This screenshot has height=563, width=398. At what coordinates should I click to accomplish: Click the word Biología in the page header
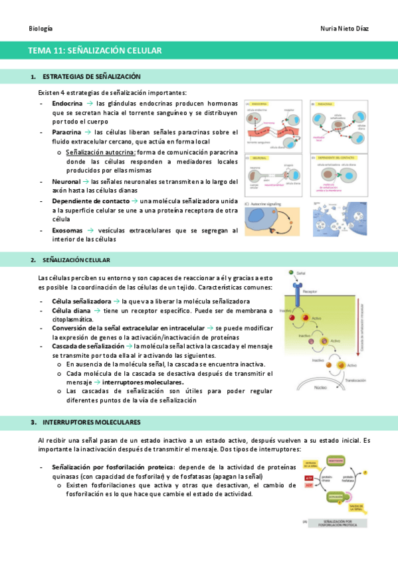(41, 29)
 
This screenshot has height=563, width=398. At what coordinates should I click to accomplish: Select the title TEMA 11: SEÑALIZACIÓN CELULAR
(95, 50)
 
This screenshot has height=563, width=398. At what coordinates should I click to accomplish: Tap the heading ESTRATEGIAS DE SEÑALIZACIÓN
(91, 77)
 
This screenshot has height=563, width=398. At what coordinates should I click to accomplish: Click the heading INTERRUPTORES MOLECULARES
(91, 422)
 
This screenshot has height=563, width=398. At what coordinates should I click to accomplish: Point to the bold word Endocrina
(67, 104)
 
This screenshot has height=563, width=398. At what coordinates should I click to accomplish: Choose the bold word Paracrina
(67, 132)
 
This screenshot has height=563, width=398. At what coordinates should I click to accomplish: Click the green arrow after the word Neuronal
(86, 181)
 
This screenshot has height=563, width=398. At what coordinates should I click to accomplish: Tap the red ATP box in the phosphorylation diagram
(308, 477)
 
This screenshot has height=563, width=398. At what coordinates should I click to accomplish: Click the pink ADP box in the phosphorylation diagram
(308, 485)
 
